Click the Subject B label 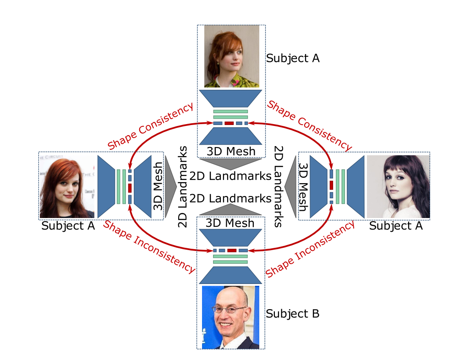click(292, 314)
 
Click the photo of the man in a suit click(230, 317)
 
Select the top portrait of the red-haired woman click(231, 56)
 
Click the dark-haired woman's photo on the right click(398, 186)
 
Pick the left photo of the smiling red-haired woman click(67, 186)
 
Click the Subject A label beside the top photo click(292, 58)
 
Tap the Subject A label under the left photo click(68, 226)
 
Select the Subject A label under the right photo click(396, 226)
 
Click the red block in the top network click(229, 123)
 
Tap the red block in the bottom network click(231, 251)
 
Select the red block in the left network click(130, 188)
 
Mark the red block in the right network click(331, 185)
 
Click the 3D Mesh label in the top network click(230, 151)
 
